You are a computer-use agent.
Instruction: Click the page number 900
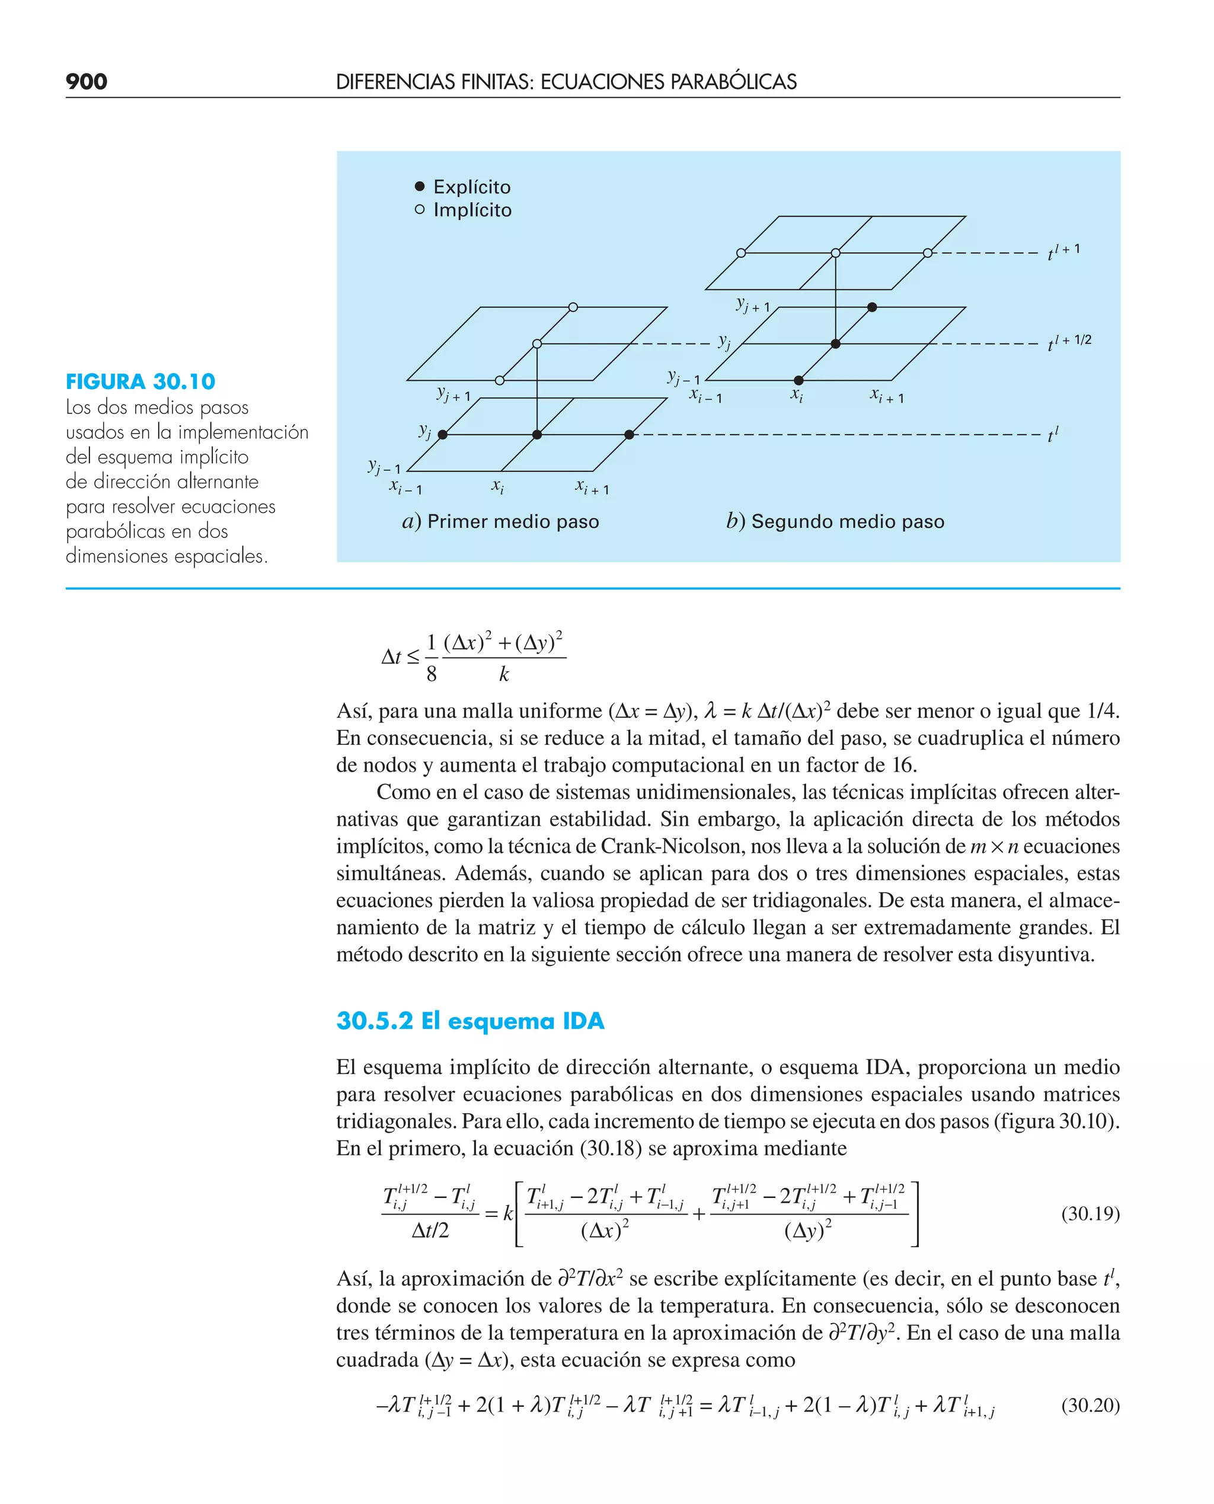(86, 82)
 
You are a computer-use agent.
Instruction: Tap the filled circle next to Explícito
(420, 186)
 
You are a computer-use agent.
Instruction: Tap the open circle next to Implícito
(420, 209)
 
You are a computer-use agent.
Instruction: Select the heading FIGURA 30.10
(140, 381)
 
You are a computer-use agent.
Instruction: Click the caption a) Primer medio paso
(501, 521)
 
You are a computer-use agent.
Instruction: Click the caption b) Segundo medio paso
(835, 521)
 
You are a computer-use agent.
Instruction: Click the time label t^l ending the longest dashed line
(1052, 435)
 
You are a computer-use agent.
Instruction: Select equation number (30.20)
(1090, 1405)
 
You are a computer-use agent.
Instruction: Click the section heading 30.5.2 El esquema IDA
(470, 1021)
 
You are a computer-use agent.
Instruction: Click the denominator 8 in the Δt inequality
(432, 674)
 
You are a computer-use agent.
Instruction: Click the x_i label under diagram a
(497, 486)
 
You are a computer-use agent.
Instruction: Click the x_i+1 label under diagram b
(887, 396)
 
